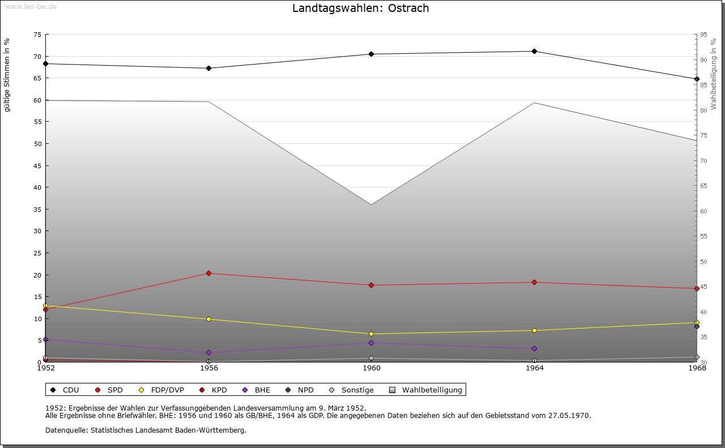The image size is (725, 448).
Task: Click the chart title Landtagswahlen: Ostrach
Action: [x=360, y=8]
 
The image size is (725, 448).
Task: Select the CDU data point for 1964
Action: [x=534, y=52]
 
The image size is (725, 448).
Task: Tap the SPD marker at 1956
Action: [x=208, y=274]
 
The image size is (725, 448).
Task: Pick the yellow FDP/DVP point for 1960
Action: [x=372, y=334]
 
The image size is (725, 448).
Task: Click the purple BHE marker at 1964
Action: [x=534, y=349]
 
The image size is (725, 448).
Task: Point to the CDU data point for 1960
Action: [x=372, y=54]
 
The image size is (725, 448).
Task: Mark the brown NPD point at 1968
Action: [x=697, y=327]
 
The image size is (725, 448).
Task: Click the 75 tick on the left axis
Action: [x=37, y=35]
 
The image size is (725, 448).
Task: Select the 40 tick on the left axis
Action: [x=37, y=187]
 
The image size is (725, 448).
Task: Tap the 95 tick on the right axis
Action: [x=703, y=35]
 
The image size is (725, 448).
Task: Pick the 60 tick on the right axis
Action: [x=703, y=211]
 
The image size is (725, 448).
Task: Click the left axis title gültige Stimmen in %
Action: [x=7, y=75]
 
